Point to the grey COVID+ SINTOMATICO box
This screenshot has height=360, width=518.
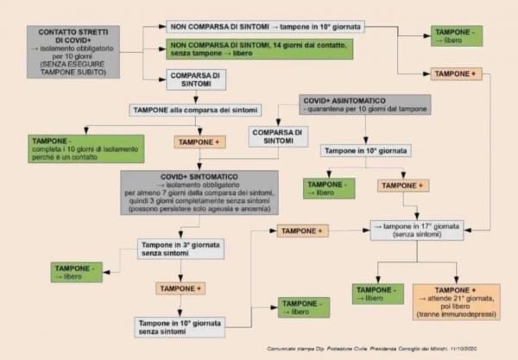coord(199,192)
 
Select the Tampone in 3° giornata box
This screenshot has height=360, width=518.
coord(180,249)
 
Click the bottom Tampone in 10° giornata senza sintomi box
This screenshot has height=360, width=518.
coord(180,326)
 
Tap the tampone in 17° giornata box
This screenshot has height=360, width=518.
coord(417,229)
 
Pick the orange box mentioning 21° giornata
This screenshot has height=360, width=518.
coord(456,302)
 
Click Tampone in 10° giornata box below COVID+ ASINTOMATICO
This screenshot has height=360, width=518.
coord(366,151)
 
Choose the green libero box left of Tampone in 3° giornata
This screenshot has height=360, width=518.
coord(76,273)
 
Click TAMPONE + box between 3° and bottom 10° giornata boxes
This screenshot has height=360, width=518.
coord(180,287)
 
